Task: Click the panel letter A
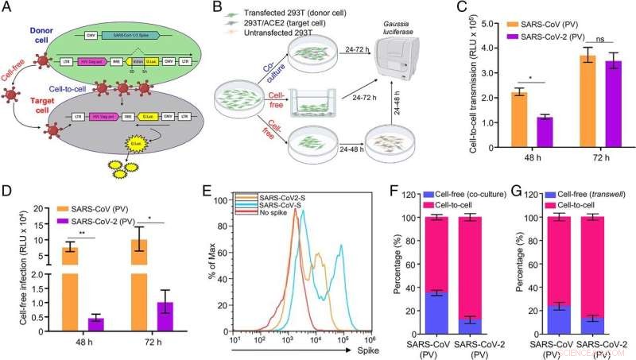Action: point(9,9)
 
